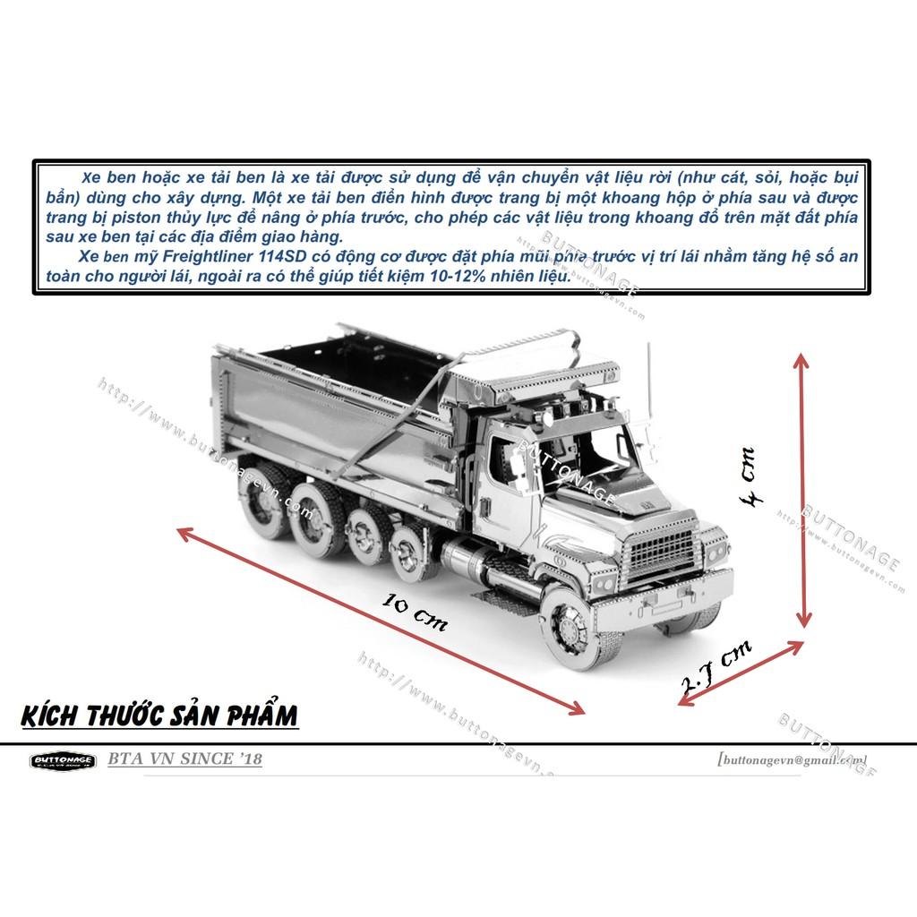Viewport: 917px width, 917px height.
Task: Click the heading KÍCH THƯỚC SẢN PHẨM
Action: [158, 716]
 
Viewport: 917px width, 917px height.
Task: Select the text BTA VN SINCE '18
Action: [184, 759]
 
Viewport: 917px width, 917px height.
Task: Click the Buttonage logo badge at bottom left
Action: [62, 761]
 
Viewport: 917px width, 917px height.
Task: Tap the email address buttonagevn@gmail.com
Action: [792, 759]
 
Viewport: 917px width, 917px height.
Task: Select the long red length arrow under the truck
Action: [381, 621]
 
